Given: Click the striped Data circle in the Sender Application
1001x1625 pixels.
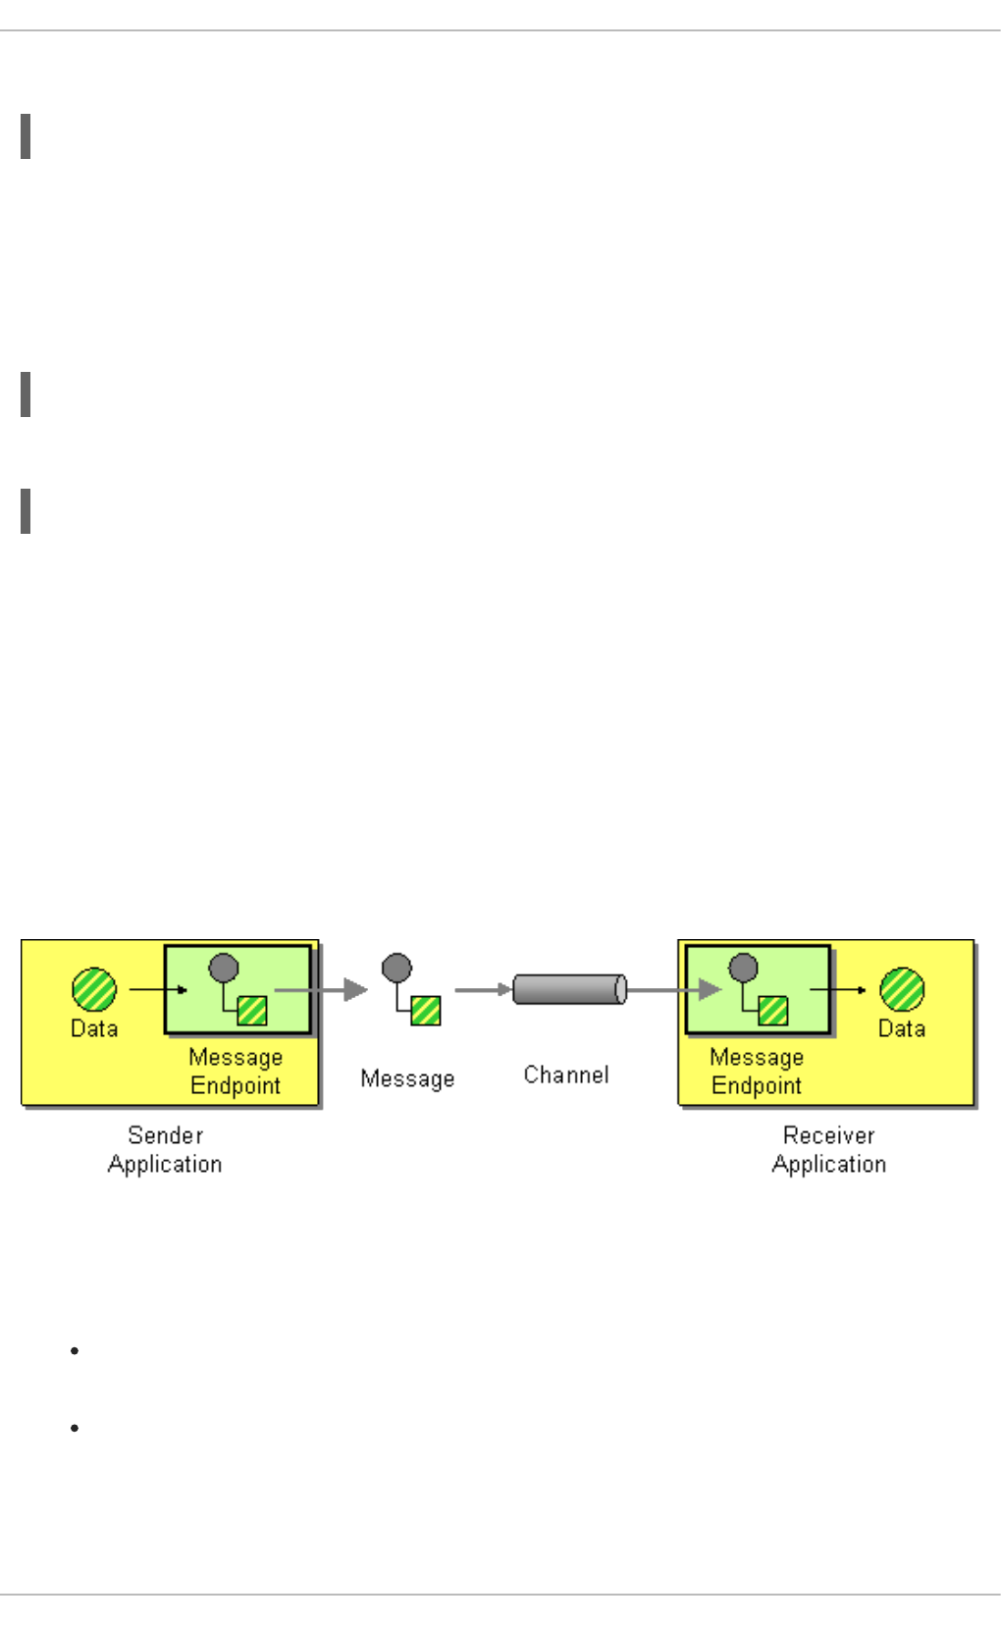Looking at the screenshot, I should click(x=94, y=989).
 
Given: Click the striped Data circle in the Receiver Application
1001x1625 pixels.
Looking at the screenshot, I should click(x=902, y=989).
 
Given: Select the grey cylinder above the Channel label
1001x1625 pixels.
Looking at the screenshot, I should click(x=569, y=989).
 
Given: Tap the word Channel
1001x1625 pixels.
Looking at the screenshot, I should click(x=566, y=1075).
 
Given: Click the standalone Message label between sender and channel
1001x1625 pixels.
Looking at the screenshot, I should click(x=407, y=1078).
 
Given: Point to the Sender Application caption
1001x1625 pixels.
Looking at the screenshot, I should click(x=165, y=1149).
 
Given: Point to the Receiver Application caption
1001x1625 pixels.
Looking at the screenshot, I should click(x=829, y=1149).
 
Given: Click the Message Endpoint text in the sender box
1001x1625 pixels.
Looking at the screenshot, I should click(x=236, y=1072).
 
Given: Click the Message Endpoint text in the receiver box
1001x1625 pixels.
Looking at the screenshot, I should click(x=757, y=1072).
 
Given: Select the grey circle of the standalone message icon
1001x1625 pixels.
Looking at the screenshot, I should click(x=396, y=968).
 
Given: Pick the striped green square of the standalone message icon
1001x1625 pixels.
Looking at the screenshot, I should click(x=426, y=1011).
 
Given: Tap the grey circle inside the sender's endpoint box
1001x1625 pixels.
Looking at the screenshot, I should click(x=224, y=968).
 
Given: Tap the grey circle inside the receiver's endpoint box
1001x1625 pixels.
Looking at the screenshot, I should click(x=743, y=968).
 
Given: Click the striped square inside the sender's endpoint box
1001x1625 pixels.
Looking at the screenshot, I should click(x=253, y=1011).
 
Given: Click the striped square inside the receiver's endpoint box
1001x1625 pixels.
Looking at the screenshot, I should click(x=772, y=1011).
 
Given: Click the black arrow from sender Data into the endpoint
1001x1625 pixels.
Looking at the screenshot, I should click(x=158, y=990).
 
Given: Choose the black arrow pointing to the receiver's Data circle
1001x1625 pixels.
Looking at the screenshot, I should click(x=838, y=990).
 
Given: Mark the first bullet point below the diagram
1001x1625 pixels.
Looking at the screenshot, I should click(x=75, y=1351).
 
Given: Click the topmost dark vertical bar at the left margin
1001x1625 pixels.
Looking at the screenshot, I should click(x=26, y=136).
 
